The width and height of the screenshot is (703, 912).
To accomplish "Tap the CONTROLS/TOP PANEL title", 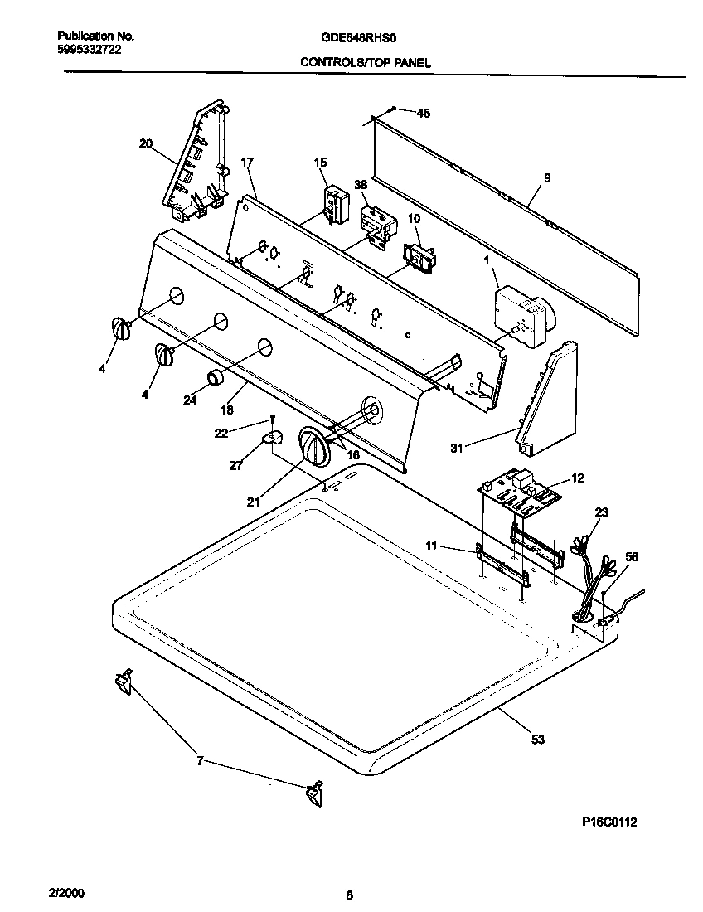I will click(365, 62).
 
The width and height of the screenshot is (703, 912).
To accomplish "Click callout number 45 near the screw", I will click(424, 114).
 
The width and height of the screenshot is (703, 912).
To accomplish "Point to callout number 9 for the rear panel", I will click(546, 177).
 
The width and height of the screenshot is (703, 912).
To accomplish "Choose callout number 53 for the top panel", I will click(538, 740).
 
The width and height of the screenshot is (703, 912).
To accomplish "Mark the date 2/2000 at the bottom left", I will click(66, 895).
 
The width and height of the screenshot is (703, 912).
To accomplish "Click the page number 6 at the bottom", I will click(349, 895).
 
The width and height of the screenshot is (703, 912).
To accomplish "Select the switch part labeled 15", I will click(334, 203).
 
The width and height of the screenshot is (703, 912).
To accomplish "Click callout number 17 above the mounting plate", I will click(246, 163).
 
